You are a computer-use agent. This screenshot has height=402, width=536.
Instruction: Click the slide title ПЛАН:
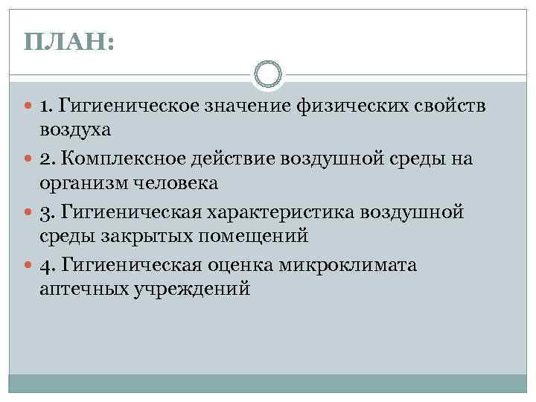pyautogui.click(x=68, y=41)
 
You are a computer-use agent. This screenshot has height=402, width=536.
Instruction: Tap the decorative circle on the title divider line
pyautogui.click(x=267, y=74)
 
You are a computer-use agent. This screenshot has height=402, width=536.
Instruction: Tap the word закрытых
pyautogui.click(x=133, y=237)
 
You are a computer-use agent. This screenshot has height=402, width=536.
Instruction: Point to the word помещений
pyautogui.click(x=243, y=237)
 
